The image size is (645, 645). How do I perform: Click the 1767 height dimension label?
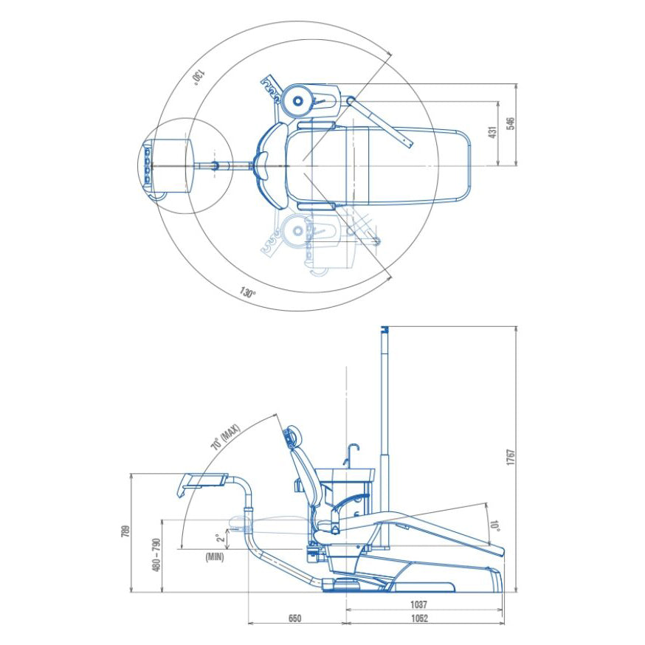pyautogui.click(x=510, y=458)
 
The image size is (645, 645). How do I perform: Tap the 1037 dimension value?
pyautogui.click(x=418, y=604)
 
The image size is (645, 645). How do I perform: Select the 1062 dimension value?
pyautogui.click(x=419, y=618)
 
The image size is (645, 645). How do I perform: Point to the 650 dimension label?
pyautogui.click(x=294, y=618)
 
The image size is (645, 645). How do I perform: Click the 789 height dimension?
pyautogui.click(x=126, y=531)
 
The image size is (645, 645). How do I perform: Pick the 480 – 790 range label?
pyautogui.click(x=156, y=554)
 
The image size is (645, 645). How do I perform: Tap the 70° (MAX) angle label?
pyautogui.click(x=225, y=438)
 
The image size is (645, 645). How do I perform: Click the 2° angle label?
pyautogui.click(x=221, y=537)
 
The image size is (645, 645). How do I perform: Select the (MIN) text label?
pyautogui.click(x=215, y=557)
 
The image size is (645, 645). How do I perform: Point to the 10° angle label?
pyautogui.click(x=494, y=525)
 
